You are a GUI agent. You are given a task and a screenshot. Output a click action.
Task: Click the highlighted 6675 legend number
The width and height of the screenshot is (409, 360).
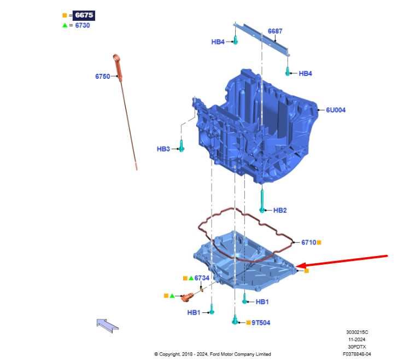84,15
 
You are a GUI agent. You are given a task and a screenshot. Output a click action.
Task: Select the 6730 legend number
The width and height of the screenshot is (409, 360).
83,25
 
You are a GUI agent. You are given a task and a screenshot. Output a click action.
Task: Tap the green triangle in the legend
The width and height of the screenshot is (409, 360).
65,25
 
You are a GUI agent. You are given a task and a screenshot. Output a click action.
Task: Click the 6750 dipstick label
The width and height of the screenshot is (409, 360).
102,77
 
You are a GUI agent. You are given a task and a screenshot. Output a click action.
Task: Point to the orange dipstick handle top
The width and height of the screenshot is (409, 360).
116,57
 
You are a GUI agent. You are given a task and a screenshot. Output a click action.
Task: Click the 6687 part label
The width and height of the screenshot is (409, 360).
275,31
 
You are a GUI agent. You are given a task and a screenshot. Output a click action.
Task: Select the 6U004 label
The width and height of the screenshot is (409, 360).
336,110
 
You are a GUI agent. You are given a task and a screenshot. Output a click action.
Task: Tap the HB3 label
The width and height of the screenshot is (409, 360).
163,149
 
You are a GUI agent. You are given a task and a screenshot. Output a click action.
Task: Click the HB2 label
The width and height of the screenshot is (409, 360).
280,211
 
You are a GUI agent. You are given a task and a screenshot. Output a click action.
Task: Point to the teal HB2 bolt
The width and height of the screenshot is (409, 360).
262,201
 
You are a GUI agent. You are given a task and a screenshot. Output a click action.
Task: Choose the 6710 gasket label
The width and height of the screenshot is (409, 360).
308,242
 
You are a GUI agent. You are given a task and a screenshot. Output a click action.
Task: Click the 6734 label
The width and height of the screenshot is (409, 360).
202,278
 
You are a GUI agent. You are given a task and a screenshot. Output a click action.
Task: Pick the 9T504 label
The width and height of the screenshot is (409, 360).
261,323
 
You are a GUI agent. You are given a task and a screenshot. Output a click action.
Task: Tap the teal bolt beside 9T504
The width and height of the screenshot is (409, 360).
235,320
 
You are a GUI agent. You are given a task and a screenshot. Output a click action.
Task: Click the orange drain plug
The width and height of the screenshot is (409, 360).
187,297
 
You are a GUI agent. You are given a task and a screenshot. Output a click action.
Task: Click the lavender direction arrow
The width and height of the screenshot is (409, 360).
108,326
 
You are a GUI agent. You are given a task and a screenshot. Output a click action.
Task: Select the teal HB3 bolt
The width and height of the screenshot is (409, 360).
182,146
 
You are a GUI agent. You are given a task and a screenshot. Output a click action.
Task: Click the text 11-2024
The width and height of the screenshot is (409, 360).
357,340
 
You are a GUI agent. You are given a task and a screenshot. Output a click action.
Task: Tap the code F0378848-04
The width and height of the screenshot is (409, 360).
357,355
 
